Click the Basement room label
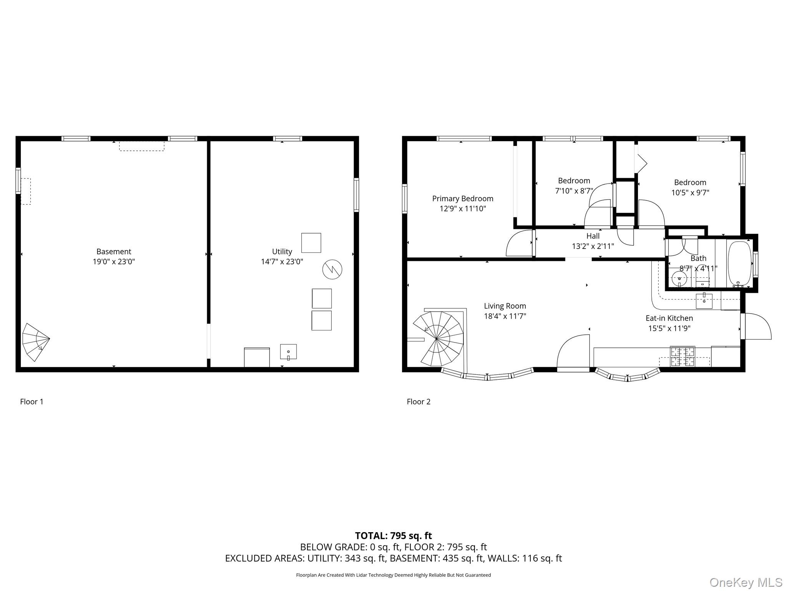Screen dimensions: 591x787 [x=114, y=252]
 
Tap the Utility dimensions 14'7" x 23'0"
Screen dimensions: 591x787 [x=282, y=262]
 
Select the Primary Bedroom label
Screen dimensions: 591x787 [x=463, y=199]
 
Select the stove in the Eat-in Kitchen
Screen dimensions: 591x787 [x=682, y=356]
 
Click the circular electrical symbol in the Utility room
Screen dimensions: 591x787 [x=332, y=269]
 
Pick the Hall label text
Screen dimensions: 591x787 [x=593, y=236]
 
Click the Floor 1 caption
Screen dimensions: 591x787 [x=32, y=402]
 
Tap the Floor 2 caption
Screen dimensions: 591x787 [x=418, y=402]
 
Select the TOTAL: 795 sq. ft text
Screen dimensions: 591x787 [x=393, y=536]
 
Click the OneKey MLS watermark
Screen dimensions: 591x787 [x=745, y=582]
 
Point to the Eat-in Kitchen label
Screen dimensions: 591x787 [x=669, y=318]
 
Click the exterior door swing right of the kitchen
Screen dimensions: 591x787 [x=757, y=327]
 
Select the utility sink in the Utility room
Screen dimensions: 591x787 [x=288, y=352]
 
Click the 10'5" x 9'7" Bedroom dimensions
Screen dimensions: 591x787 [x=690, y=193]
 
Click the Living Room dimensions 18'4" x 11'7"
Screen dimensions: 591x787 [x=505, y=316]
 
